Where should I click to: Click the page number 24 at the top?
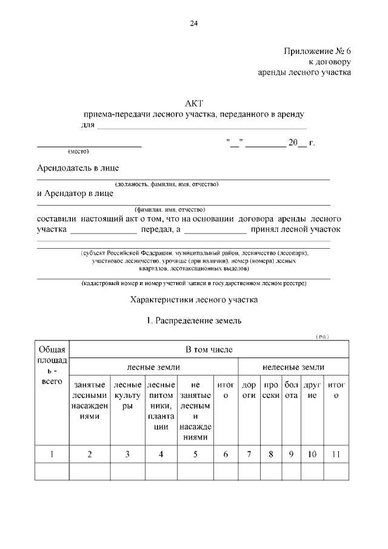pos(193,24)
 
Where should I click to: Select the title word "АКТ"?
pos(193,104)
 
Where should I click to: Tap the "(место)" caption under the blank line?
pos(78,151)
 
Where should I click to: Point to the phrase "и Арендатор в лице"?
pos(75,194)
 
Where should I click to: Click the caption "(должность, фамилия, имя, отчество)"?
pos(167,183)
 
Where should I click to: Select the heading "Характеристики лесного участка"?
pos(194,300)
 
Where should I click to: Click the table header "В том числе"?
pos(209,350)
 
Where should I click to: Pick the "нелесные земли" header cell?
pos(293,368)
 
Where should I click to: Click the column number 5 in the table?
pos(195,454)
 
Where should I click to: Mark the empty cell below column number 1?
pos(53,471)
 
